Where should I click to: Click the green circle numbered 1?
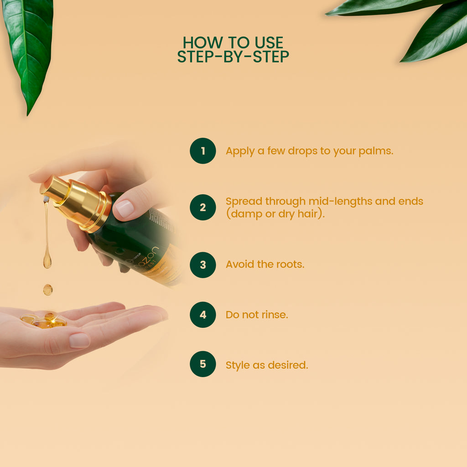pyautogui.click(x=203, y=151)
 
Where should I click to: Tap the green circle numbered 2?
pyautogui.click(x=203, y=208)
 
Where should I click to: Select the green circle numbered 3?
pyautogui.click(x=203, y=265)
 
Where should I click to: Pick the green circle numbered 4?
pyautogui.click(x=203, y=315)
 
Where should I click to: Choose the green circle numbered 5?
pyautogui.click(x=203, y=364)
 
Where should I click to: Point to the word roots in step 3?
pyautogui.click(x=289, y=265)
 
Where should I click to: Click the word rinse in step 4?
pyautogui.click(x=273, y=315)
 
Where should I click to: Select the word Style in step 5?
pyautogui.click(x=237, y=365)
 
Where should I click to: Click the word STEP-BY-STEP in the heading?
pyautogui.click(x=233, y=57)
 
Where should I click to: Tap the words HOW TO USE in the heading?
pyautogui.click(x=233, y=42)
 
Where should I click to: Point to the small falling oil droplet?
pyautogui.click(x=48, y=290)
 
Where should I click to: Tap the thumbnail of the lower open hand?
pyautogui.click(x=79, y=340)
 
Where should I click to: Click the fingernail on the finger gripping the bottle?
pyautogui.click(x=124, y=209)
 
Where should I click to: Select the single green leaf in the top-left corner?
pyautogui.click(x=28, y=50)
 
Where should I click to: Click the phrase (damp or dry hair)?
pyautogui.click(x=275, y=214)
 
